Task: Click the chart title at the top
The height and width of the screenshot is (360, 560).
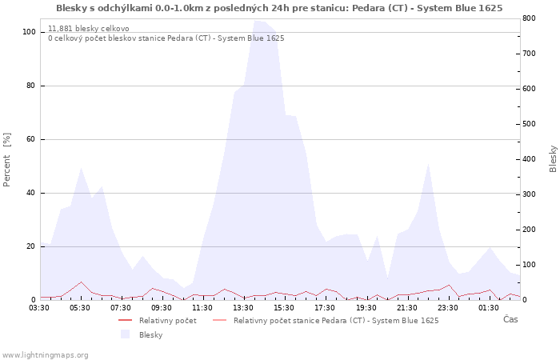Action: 279,8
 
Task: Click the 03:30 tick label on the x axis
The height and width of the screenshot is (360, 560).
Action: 40,306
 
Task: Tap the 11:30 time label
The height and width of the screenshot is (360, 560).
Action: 202,306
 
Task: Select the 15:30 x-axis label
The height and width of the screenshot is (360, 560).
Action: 284,306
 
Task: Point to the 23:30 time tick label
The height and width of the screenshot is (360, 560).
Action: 447,306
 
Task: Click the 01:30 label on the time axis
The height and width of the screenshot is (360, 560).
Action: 488,306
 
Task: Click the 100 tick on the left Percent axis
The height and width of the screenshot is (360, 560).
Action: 30,32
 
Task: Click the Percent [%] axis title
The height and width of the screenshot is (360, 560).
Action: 7,159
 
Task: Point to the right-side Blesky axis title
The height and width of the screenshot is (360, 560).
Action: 553,159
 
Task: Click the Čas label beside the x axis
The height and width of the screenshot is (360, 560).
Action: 510,319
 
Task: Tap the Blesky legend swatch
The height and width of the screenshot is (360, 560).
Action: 125,334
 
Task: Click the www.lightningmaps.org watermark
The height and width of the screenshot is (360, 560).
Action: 46,354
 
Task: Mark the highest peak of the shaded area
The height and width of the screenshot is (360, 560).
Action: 256,21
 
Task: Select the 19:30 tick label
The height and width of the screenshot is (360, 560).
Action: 366,306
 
